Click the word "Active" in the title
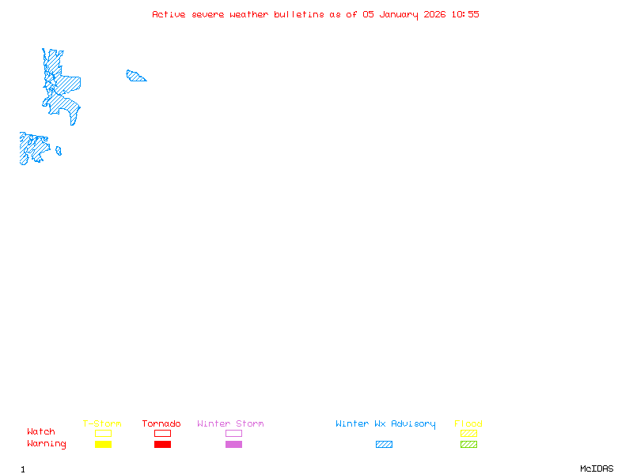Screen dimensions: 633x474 pyautogui.click(x=169, y=14)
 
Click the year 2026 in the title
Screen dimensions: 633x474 pyautogui.click(x=434, y=14)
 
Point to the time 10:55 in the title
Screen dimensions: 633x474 pyautogui.click(x=465, y=14)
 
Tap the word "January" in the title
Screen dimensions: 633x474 pyautogui.click(x=399, y=15)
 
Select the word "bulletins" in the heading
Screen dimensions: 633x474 pyautogui.click(x=299, y=14)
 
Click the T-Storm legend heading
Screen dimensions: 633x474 pyautogui.click(x=102, y=423)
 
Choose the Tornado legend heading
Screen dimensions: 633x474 pyautogui.click(x=161, y=423)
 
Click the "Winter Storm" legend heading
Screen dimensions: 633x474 pyautogui.click(x=230, y=423)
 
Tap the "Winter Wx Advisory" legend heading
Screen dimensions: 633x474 pyautogui.click(x=385, y=424)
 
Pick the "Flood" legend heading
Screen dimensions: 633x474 pyautogui.click(x=468, y=423)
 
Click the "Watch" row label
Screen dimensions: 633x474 pyautogui.click(x=41, y=431)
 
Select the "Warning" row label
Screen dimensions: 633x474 pyautogui.click(x=47, y=444)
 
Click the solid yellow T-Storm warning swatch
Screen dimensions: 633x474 pyautogui.click(x=104, y=444)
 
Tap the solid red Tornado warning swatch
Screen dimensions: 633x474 pyautogui.click(x=163, y=444)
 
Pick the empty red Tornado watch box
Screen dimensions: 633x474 pyautogui.click(x=163, y=430)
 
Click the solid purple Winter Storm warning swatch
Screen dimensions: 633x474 pyautogui.click(x=233, y=444)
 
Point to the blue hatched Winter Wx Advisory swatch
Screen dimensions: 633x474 pyautogui.click(x=384, y=444)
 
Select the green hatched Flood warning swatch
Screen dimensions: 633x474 pyautogui.click(x=468, y=444)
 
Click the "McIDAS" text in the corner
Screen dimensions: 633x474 pyautogui.click(x=597, y=468)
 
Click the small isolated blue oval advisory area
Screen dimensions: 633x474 pyautogui.click(x=59, y=151)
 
